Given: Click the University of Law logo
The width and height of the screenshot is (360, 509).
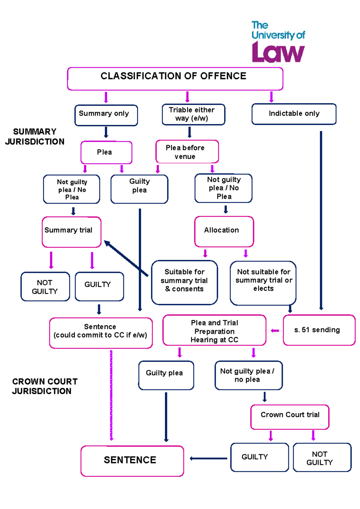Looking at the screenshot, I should point(278,42).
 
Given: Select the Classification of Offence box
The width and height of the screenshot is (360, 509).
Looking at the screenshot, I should point(175,79).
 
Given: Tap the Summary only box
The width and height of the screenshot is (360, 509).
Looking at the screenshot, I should point(106,115).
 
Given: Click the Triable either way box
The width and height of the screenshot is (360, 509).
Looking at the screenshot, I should point(193,114).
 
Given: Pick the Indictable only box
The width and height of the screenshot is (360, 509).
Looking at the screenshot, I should point(294,114).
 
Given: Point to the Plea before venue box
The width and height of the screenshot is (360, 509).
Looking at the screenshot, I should point(187,152).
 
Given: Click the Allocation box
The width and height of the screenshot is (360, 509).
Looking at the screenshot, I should point(224,231).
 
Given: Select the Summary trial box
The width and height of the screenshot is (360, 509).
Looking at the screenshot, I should point(71,232).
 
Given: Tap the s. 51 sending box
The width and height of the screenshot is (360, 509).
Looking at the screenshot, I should point(319,330).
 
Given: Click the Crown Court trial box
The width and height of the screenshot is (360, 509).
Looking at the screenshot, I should point(289,417).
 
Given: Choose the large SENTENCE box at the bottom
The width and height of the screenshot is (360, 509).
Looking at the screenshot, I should point(132,461).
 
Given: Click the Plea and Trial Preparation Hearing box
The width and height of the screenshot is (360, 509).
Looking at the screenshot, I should point(214,330).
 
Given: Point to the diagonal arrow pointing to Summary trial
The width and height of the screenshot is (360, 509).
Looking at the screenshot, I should point(126,258).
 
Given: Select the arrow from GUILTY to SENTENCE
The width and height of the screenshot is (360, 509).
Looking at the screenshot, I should point(208,458).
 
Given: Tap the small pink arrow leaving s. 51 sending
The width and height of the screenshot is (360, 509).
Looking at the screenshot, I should point(275,330).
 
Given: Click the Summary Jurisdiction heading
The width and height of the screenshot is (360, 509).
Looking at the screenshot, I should point(35,137).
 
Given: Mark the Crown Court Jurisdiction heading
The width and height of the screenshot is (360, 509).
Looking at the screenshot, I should point(44,386).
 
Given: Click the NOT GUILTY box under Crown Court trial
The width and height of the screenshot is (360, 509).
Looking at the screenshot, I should point(322,457).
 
